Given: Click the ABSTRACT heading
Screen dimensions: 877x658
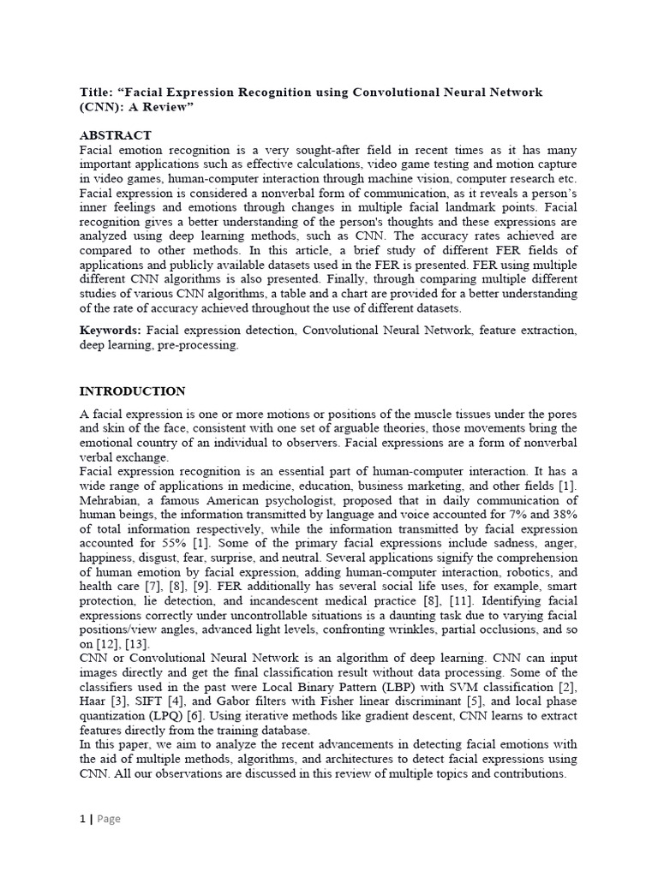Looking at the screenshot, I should point(116,135).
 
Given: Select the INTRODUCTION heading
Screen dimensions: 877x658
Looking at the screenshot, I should point(132,391).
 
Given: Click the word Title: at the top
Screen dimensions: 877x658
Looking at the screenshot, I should point(96,92).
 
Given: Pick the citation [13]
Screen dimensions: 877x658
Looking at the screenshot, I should point(138,644).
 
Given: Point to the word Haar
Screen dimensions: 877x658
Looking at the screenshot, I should point(93,701).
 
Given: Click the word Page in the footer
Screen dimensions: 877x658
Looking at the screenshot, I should point(109,819).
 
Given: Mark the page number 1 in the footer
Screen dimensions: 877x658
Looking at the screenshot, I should point(82,819).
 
